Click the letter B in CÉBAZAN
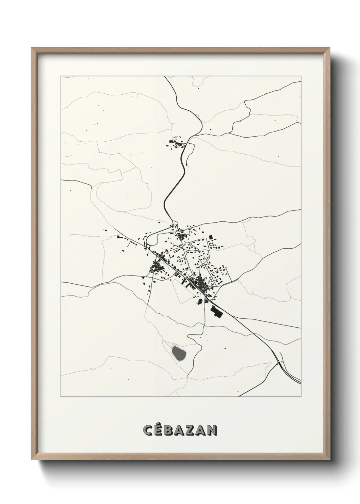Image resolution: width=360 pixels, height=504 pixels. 170,430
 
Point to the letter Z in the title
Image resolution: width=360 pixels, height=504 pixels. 191,430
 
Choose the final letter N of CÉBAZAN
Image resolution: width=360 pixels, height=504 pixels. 212,430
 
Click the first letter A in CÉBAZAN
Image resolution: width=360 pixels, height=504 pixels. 180,430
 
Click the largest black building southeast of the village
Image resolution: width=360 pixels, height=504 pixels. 216,311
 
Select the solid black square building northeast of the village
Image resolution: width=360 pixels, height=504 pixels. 211,237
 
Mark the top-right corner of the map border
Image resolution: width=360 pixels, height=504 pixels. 301,77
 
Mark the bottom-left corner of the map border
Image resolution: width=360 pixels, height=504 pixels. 61,397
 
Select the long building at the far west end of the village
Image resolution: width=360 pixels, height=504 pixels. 119,236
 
